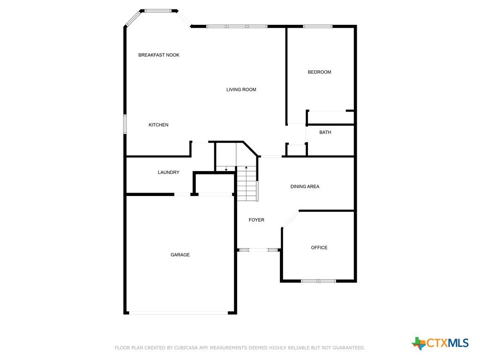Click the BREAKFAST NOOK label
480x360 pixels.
coord(158,55)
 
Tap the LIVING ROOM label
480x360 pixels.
coord(241,90)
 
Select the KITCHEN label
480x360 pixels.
coord(158,125)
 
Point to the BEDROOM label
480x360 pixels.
coord(319,72)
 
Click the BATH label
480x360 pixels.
coord(325,133)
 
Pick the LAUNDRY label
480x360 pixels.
coord(168,172)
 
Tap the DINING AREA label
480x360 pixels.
coord(305,187)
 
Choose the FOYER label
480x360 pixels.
coord(256,220)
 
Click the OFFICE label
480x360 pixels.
coord(319,247)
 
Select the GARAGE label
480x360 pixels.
coord(180,255)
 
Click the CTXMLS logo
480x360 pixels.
coord(440,343)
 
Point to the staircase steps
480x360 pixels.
coord(247,184)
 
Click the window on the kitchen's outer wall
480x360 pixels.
coord(125,124)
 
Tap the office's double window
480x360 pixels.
coord(318,281)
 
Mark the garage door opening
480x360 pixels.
coord(179,313)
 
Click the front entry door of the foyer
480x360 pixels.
coord(259,250)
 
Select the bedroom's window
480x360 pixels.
coord(318,26)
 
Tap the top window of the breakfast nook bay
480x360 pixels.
coord(158,11)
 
